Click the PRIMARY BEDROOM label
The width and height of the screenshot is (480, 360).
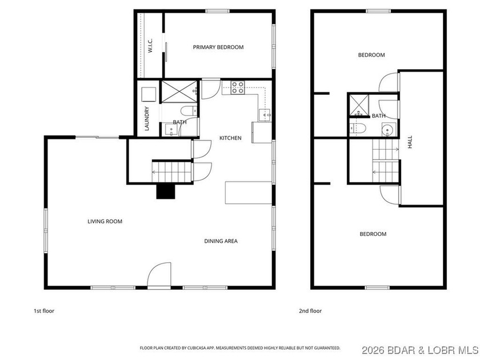coord(218,47)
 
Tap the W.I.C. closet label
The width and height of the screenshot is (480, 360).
coord(150,46)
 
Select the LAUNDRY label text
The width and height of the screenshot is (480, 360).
coord(147,119)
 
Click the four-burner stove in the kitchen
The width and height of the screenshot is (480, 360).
coord(238,88)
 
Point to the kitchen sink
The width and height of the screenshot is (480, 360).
coord(265,115)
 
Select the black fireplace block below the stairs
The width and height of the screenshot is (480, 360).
coord(166,191)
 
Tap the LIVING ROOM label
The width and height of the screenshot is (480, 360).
coord(105,222)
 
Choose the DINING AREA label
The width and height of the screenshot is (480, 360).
coord(221,241)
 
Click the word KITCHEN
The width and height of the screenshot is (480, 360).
coord(230,138)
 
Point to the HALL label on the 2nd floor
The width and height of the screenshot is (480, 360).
coord(410,142)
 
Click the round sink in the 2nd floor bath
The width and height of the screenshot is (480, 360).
coord(388,130)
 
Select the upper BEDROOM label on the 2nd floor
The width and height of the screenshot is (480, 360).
coord(371,55)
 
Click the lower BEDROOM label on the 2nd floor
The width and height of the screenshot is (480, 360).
coord(373,234)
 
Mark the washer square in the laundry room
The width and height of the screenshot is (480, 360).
coord(148,94)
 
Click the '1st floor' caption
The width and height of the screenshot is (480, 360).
coord(44,311)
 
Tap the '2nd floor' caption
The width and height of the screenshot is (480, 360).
coord(310,311)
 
